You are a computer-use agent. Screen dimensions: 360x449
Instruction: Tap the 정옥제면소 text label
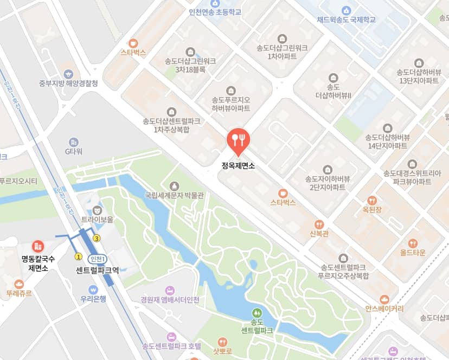point(238,165)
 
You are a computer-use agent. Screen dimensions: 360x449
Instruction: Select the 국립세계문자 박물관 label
point(174,195)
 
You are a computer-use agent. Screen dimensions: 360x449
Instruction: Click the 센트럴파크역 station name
point(98,269)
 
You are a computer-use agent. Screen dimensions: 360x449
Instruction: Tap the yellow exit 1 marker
point(78,256)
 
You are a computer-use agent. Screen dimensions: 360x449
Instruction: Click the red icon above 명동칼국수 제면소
point(38,246)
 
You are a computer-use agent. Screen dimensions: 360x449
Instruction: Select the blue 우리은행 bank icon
point(93,289)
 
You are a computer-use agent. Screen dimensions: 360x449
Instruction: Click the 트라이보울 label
point(98,220)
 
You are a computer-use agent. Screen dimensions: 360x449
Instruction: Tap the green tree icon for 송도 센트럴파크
point(256,313)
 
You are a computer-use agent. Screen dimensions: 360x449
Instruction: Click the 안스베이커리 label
point(384,308)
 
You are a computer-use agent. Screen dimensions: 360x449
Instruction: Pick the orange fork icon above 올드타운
point(413,243)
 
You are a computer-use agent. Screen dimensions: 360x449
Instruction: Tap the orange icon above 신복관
point(319,224)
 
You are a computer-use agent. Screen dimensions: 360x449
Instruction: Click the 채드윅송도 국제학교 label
point(346,20)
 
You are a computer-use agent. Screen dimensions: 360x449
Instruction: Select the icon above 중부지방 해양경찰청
point(68,74)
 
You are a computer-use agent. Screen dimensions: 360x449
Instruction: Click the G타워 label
point(73,151)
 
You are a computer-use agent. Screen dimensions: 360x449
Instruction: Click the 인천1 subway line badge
point(98,259)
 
